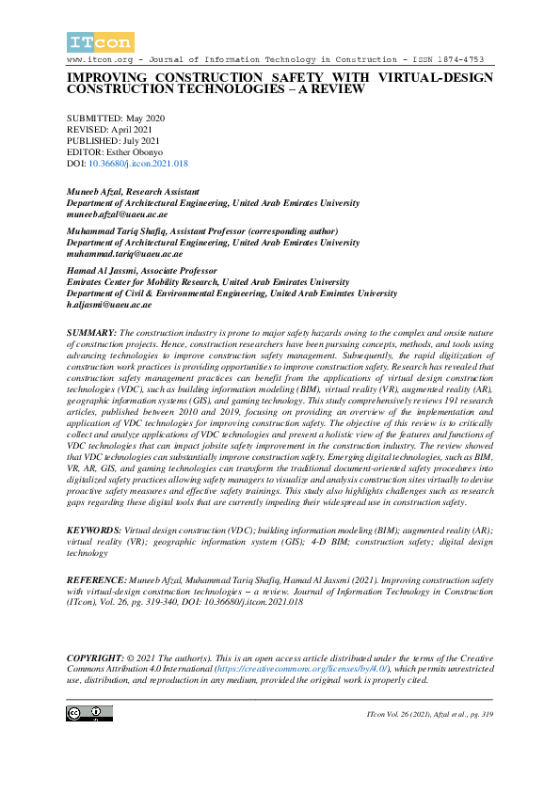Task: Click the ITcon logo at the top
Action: click(x=100, y=41)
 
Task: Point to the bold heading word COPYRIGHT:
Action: click(x=97, y=655)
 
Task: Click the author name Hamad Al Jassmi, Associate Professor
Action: click(x=142, y=271)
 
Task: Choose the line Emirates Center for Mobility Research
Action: click(x=207, y=282)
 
